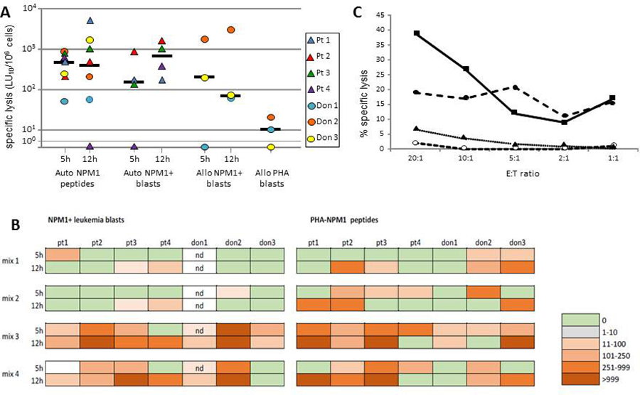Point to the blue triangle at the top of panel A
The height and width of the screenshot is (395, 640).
pyautogui.click(x=90, y=21)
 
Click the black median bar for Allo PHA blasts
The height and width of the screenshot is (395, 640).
pyautogui.click(x=267, y=129)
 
